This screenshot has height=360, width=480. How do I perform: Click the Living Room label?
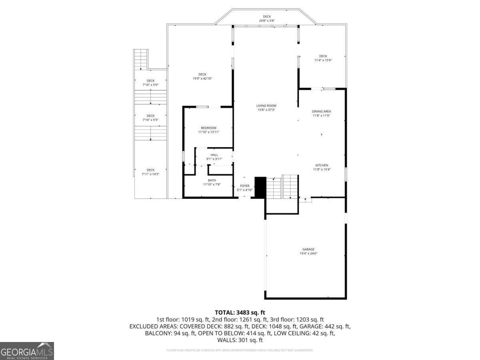tap(266, 106)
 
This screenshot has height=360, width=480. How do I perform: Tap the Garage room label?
tap(308, 249)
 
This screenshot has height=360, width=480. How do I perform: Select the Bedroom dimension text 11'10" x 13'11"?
tap(209, 132)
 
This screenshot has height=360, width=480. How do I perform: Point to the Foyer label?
tap(244, 186)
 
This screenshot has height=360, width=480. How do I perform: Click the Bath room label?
tap(212, 180)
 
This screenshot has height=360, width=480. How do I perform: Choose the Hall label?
tap(214, 155)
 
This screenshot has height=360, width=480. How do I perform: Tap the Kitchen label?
tap(322, 165)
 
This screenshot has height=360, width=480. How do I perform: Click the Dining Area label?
tap(322, 111)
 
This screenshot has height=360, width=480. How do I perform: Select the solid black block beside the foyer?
tap(260, 187)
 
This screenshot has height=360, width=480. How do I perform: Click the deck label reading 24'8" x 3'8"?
tap(267, 20)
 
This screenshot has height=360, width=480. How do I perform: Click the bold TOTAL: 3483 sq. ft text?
tap(240, 312)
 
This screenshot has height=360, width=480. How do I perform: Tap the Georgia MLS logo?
tap(27, 351)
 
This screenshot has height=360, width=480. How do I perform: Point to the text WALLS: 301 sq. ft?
tap(240, 340)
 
